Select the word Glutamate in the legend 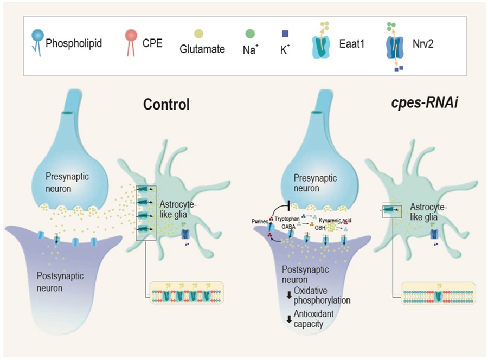(202, 49)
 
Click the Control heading (166, 104)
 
